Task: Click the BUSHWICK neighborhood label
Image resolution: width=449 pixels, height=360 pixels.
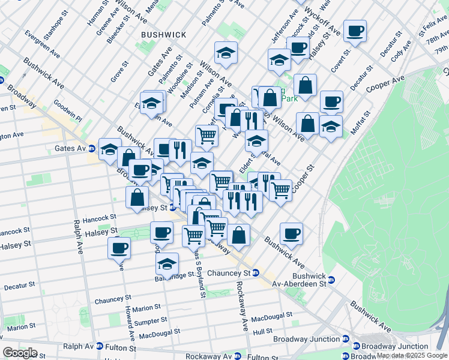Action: (x=163, y=35)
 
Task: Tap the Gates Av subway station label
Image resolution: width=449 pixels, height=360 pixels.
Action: (x=71, y=148)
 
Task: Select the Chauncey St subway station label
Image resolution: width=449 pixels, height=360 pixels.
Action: (x=228, y=272)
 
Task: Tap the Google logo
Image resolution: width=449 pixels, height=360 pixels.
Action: (x=20, y=352)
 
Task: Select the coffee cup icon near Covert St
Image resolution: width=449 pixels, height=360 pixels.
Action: (x=355, y=31)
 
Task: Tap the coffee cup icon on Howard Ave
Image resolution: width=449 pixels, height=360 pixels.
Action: (x=119, y=247)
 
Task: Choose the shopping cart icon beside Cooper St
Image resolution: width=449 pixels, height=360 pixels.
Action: (x=280, y=190)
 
